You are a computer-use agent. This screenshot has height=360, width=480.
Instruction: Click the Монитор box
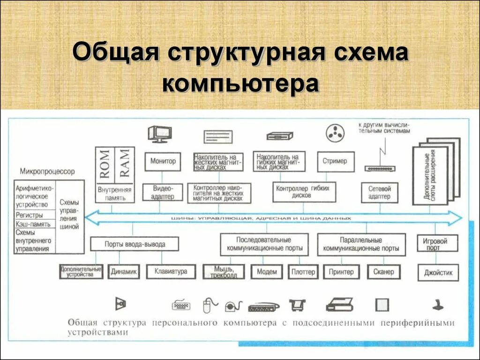(163, 161)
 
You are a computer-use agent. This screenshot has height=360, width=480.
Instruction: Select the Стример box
(335, 161)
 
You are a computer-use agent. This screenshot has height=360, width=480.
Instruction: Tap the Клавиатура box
(171, 272)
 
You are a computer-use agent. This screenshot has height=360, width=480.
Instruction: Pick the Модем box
(267, 272)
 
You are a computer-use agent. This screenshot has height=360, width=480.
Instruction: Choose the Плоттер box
(303, 272)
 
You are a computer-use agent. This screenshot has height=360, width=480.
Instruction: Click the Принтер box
(341, 272)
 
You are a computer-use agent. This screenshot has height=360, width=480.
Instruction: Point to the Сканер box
(384, 272)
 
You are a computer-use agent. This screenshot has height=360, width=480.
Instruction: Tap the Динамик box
(124, 272)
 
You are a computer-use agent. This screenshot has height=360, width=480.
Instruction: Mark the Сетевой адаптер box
(379, 192)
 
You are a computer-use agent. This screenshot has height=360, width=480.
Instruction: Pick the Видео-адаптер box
(163, 192)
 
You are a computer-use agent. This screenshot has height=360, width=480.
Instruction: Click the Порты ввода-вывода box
(135, 244)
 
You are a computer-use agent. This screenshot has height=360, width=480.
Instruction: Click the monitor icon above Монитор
(159, 134)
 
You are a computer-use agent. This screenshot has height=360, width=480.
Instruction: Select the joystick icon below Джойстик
(438, 304)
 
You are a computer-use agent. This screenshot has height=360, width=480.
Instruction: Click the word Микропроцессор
(47, 172)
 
